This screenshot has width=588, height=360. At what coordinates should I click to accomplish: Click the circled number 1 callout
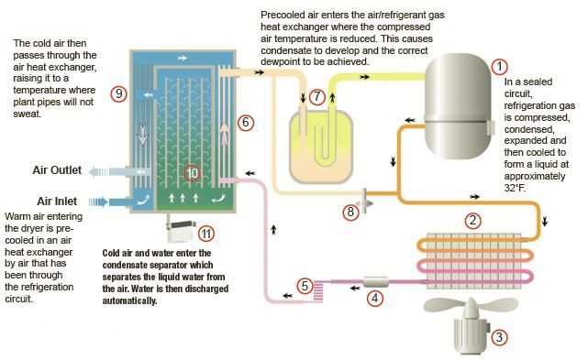tap(499, 67)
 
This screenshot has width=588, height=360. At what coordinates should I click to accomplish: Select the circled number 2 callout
tap(472, 220)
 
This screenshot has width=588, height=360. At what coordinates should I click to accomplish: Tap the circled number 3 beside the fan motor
tap(499, 337)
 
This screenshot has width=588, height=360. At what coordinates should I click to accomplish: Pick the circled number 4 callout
tap(374, 299)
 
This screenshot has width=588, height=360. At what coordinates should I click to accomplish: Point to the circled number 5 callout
tap(305, 286)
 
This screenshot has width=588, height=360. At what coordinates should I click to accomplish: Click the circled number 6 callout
tap(245, 122)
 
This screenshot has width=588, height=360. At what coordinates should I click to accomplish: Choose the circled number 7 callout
tap(316, 97)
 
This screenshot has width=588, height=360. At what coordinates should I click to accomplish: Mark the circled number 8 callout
tap(350, 212)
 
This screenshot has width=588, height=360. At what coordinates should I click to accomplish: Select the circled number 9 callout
tap(118, 93)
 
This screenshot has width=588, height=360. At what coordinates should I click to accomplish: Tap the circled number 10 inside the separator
tap(192, 173)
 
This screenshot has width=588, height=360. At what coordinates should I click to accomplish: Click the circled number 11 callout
tap(205, 235)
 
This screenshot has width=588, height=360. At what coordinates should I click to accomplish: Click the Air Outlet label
tap(57, 170)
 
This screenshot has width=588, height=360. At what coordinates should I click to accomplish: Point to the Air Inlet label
tap(57, 202)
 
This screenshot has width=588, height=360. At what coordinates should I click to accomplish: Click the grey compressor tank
tap(458, 106)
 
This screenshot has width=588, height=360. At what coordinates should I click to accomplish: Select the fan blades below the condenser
tap(471, 305)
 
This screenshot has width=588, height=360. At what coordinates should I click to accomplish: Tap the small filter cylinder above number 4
tap(376, 281)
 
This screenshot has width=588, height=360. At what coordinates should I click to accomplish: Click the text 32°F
tap(515, 188)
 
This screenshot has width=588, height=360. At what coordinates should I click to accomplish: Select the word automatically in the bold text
tap(129, 300)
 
